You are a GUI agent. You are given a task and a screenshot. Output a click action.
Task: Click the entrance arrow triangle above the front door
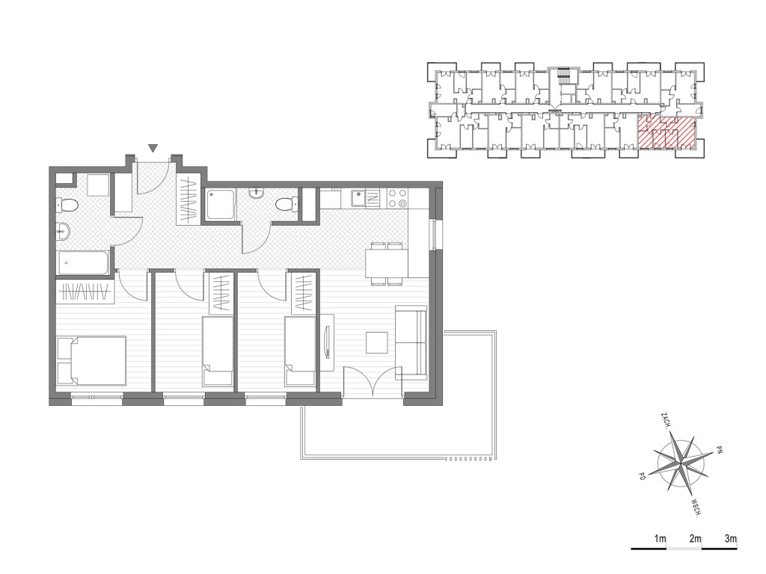(153, 148)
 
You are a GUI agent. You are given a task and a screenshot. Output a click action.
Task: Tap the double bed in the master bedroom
(92, 361)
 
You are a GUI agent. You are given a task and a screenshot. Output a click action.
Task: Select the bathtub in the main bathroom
(84, 263)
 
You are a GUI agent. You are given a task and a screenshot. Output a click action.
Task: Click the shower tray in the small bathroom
(220, 205)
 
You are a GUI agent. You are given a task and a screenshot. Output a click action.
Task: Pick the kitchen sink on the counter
(364, 198)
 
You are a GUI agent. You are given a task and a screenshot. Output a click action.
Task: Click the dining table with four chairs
(387, 264)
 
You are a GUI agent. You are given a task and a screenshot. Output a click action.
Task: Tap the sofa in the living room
(411, 342)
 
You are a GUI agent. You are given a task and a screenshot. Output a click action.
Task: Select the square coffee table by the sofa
(377, 342)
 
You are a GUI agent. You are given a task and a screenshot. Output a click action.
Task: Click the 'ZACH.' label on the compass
(665, 421)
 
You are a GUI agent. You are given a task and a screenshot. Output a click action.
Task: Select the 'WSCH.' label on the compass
(696, 507)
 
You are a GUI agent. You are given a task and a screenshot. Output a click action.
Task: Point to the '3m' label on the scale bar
(730, 539)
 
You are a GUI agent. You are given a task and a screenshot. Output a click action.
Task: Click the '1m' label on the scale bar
(660, 539)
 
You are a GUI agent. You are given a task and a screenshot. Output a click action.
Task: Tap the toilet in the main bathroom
(67, 205)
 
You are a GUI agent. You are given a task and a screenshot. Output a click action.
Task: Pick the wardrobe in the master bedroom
(85, 291)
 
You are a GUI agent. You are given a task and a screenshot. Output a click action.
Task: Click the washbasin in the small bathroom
(255, 194)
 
